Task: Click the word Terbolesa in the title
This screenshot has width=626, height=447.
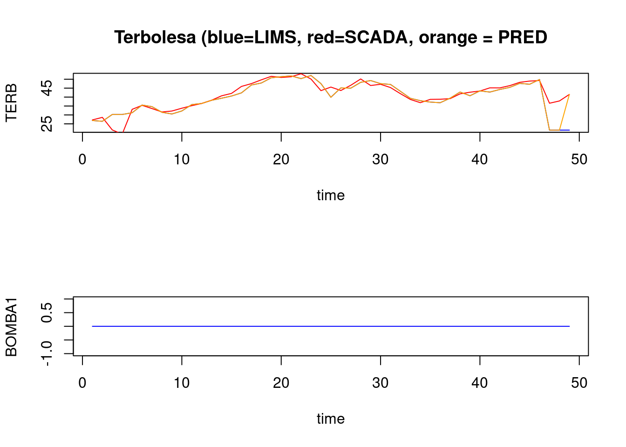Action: (x=155, y=37)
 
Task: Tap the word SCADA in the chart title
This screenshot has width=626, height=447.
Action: (x=376, y=37)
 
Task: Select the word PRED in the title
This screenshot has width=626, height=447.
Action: (x=523, y=37)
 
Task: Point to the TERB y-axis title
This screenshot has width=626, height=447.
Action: (x=11, y=102)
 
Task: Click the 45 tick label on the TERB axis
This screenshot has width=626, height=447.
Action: (x=48, y=88)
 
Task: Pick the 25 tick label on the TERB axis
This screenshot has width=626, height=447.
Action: (x=48, y=123)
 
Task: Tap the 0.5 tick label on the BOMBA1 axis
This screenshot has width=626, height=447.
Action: (x=48, y=312)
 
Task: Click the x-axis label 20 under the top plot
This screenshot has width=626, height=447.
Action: (x=281, y=160)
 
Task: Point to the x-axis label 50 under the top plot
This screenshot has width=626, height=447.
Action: (x=579, y=160)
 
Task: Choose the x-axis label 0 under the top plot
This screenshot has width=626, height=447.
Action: (x=82, y=160)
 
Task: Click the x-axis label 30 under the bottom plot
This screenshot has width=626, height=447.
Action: (x=381, y=383)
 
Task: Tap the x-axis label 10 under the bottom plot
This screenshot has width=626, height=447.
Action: (x=182, y=383)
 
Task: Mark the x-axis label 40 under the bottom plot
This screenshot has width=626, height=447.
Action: (x=480, y=383)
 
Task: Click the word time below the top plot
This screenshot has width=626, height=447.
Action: (x=331, y=195)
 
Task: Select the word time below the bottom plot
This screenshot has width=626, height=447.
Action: (x=331, y=419)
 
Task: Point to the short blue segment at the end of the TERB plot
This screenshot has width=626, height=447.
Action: (x=565, y=130)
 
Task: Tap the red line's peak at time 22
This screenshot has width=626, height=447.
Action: (x=301, y=74)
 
